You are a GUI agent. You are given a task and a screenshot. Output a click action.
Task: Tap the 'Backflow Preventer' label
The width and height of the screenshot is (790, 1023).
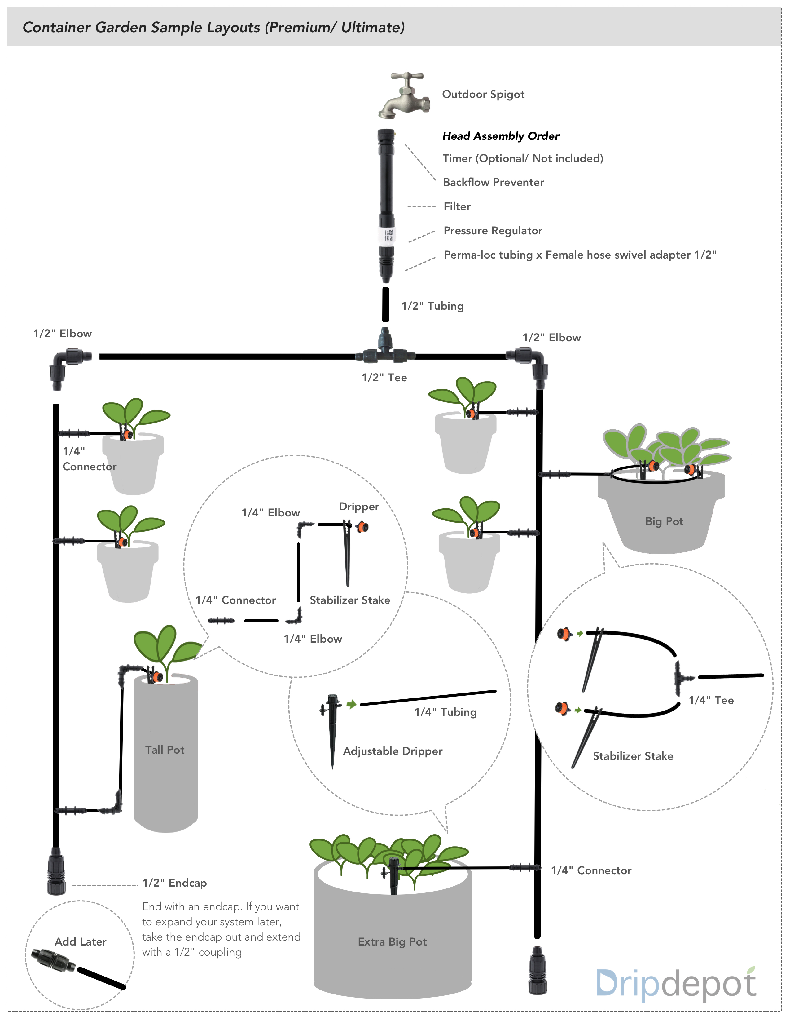(493, 182)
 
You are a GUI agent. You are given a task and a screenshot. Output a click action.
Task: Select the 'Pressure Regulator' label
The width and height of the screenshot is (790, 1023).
(493, 230)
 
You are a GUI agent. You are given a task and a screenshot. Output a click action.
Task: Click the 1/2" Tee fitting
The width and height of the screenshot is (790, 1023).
(385, 351)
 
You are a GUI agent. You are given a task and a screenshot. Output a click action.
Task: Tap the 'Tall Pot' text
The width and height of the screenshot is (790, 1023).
(165, 750)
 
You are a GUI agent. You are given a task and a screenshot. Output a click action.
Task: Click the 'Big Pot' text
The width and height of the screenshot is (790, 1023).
(664, 521)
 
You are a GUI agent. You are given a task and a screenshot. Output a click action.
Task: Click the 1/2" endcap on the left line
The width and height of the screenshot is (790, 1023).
(56, 871)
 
